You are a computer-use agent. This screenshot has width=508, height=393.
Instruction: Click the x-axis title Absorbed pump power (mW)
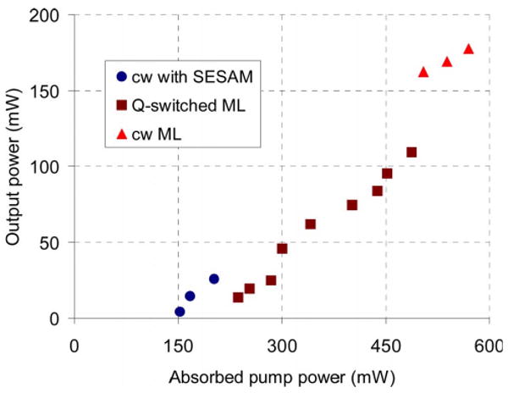(x=282, y=375)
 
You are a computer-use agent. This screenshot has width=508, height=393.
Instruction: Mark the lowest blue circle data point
(x=179, y=312)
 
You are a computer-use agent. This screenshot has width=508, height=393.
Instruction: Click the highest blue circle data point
(x=214, y=279)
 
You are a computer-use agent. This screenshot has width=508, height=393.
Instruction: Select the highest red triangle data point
(x=468, y=49)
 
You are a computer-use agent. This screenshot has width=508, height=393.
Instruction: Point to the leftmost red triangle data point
(x=423, y=72)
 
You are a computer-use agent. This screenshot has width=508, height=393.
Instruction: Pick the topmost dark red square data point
(x=411, y=152)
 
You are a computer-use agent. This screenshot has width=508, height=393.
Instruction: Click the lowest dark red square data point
(x=238, y=297)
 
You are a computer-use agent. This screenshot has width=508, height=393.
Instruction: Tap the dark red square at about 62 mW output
(x=310, y=224)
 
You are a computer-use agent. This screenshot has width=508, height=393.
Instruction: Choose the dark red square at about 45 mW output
(x=282, y=249)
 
